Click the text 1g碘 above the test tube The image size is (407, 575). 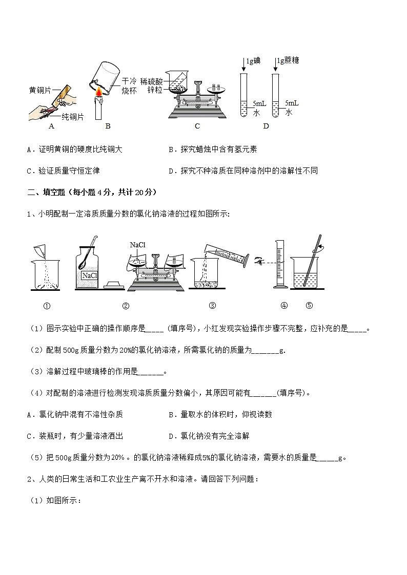[x=253, y=61]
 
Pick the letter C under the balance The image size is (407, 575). [x=197, y=126]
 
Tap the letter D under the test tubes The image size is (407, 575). [x=266, y=126]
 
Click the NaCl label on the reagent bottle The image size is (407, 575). [x=90, y=276]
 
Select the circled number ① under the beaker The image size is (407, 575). [x=46, y=306]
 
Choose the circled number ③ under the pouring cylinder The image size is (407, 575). [x=212, y=306]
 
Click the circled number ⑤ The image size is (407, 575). [x=309, y=306]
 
